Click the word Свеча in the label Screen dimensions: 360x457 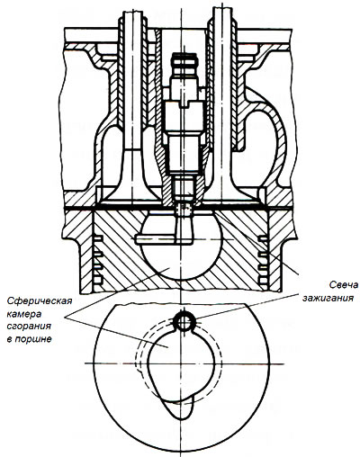pos(343,284)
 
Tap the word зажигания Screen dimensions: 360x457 pos(328,298)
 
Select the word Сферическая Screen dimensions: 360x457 pos(40,301)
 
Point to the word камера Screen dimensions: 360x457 pos(23,314)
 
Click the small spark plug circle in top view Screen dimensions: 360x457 pos(183,322)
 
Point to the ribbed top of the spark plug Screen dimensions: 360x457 pos(184,62)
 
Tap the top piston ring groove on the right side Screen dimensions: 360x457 pos(263,239)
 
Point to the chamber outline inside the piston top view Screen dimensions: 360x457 pos(149,360)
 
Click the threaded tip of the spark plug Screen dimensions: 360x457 pos(184,188)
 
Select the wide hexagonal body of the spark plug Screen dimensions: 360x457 pos(184,118)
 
